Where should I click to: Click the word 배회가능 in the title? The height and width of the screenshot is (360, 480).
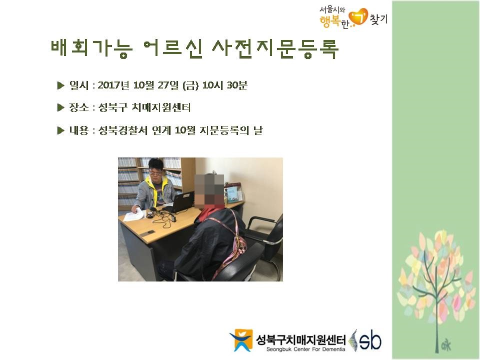[x=91, y=48]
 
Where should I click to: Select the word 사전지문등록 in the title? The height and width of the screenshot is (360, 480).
[x=275, y=48]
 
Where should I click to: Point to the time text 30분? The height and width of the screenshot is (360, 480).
[x=237, y=85]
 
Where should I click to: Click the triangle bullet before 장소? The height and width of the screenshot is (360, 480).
[x=60, y=107]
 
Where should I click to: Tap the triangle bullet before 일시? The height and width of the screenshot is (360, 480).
[x=60, y=85]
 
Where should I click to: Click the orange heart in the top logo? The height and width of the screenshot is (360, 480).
[x=358, y=17]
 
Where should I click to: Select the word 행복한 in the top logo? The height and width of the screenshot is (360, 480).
[x=333, y=21]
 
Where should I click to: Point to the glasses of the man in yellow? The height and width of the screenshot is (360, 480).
[x=156, y=173]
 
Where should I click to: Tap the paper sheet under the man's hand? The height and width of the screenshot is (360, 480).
[x=133, y=214]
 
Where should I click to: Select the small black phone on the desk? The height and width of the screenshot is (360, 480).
[x=150, y=231]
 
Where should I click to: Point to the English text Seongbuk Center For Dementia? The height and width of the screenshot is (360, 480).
[x=305, y=349]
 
